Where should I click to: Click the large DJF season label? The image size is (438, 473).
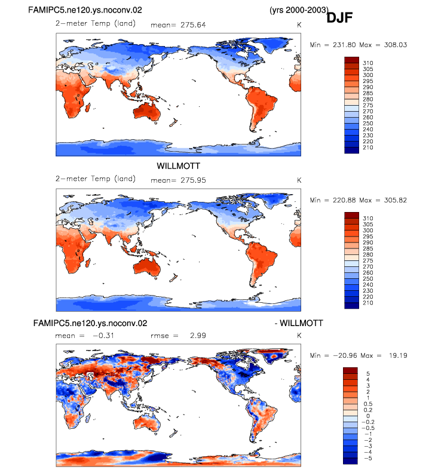(339, 18)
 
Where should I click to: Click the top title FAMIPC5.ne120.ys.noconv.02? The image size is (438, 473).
(85, 10)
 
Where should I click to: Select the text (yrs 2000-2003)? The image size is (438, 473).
(299, 10)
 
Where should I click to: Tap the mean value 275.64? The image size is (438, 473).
(193, 25)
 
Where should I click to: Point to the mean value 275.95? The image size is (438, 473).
(193, 180)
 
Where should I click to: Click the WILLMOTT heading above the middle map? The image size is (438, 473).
(179, 166)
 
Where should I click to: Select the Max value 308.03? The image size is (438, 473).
(396, 45)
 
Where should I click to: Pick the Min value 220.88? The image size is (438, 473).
(344, 200)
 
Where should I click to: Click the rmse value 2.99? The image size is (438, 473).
(198, 336)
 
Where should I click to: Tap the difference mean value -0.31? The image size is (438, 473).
(103, 336)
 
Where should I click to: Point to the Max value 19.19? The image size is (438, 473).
(398, 356)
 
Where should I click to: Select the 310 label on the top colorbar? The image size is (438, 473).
(368, 63)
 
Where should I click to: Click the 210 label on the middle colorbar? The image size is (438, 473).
(368, 303)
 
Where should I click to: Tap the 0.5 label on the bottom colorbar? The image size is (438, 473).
(368, 404)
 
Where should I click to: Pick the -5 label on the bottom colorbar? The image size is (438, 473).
(368, 458)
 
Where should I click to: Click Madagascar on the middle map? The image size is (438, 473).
(88, 262)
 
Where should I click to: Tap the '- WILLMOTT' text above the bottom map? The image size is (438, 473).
(299, 323)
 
